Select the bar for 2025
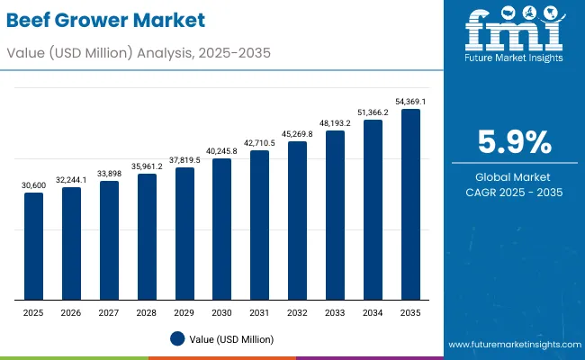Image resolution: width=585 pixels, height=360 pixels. [33, 246]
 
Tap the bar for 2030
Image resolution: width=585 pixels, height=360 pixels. [221, 229]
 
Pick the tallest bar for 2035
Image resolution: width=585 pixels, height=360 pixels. [410, 204]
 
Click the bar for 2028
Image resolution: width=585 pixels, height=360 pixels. [147, 237]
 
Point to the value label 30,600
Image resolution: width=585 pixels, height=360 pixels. [33, 185]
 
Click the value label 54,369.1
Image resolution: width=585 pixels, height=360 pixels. [410, 102]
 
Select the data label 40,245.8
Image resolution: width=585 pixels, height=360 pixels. [221, 151]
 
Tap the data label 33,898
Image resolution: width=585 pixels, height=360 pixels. [109, 174]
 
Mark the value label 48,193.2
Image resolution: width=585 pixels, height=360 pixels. [335, 123]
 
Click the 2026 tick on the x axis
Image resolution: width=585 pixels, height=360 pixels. [71, 311]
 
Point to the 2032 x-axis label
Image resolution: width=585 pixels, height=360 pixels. [297, 311]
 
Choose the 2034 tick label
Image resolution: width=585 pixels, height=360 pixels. [373, 311]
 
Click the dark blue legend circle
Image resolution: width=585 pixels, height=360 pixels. [177, 338]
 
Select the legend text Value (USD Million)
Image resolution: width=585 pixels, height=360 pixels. [231, 339]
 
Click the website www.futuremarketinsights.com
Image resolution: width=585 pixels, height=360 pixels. [511, 345]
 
